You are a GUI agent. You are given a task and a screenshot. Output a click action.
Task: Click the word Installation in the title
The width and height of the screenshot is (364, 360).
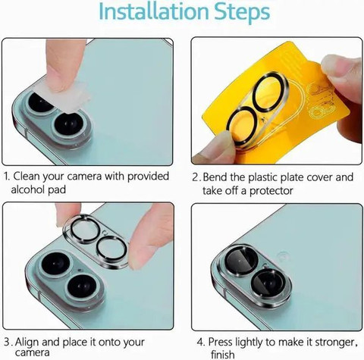pos(153,11)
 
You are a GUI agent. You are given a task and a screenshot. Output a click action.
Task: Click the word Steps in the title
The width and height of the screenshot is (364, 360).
pos(242,13)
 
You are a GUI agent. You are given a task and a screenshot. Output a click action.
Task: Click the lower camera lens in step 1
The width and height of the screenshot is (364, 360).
pos(69,124)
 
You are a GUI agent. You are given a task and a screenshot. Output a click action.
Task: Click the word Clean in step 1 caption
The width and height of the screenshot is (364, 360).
pos(27,176)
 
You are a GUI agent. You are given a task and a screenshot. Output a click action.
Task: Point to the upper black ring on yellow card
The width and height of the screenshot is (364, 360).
pos(268,91)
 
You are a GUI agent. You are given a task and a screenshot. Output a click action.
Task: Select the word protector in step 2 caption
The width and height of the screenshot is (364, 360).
pos(271,191)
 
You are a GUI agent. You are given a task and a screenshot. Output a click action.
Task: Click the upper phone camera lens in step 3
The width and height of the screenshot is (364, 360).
pos(55,264)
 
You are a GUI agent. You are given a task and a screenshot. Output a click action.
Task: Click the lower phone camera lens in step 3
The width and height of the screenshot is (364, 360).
pos(82,286)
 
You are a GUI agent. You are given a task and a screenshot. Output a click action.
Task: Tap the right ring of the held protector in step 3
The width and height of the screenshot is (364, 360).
pos(111,248)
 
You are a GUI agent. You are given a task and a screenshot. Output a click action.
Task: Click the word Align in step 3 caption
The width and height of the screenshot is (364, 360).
pos(27,342)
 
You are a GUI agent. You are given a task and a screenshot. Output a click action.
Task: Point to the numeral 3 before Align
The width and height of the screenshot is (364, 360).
pos(8,343)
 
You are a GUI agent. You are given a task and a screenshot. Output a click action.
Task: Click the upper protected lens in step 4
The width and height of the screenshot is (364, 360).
pos(240,260)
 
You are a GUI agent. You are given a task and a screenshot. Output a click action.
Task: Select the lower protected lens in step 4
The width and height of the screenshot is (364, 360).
pos(268,281)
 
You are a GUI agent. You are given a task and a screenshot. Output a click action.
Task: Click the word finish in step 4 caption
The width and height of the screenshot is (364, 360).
pos(223,354)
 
